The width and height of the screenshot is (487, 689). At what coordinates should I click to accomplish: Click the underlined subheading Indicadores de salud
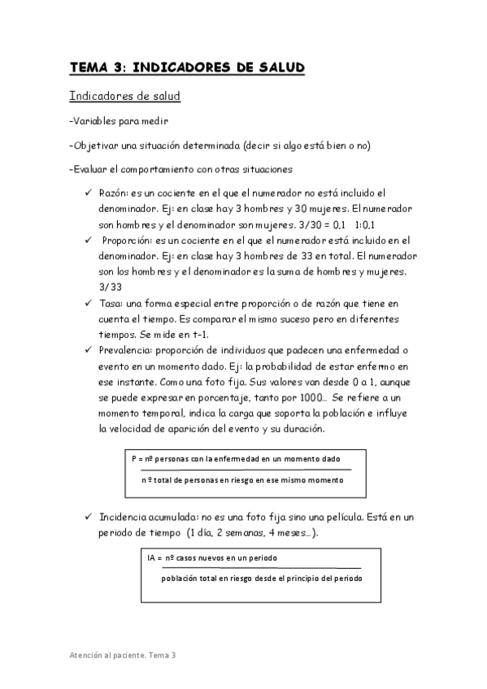124,97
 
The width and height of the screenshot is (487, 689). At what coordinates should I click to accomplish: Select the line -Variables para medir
119,122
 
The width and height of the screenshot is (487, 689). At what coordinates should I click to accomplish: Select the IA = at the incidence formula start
154,559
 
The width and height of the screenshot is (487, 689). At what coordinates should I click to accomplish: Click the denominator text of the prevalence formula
242,480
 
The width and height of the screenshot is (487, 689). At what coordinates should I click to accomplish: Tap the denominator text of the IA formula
261,578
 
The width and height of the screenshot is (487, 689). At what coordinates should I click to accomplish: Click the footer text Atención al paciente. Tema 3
122,655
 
